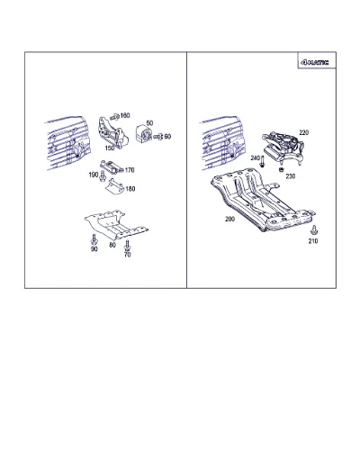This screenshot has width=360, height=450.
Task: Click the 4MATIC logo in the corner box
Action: (314, 62)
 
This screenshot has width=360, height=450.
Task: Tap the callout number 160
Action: (125, 115)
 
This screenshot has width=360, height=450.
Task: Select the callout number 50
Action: (149, 123)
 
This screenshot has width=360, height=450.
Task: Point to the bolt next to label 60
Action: (158, 137)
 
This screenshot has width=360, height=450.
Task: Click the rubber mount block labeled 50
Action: (143, 134)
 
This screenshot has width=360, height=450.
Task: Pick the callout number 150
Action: (110, 148)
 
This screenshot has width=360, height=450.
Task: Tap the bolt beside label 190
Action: (103, 176)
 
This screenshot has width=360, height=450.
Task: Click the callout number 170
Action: (130, 170)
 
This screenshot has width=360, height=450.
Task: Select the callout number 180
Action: (130, 189)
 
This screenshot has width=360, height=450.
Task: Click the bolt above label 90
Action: (94, 239)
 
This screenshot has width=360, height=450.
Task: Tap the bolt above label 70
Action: (127, 245)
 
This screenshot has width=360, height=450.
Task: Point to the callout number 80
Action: (112, 245)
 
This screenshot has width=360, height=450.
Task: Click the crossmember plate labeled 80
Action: (115, 224)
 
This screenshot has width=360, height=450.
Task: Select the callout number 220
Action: (304, 132)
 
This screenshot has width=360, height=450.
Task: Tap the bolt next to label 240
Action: (262, 161)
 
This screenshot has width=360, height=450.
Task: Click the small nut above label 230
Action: (281, 170)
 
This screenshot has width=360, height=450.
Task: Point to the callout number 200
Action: (229, 219)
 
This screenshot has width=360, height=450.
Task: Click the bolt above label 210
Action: (314, 230)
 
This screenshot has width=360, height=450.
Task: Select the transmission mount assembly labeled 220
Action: (283, 148)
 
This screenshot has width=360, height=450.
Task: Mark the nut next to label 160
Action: (115, 116)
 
